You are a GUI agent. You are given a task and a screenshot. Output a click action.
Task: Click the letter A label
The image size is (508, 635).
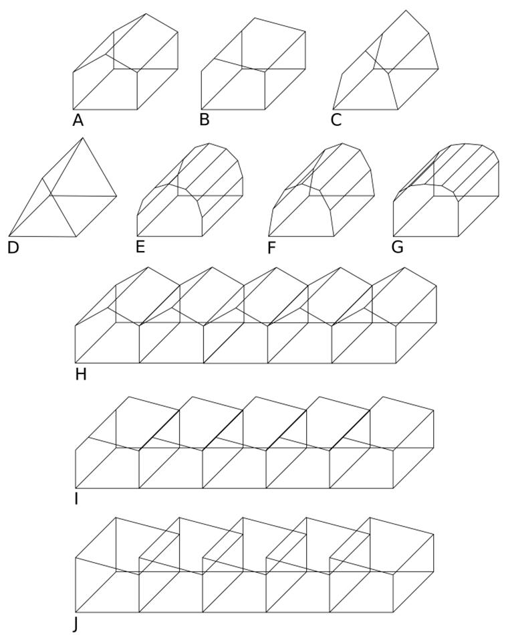click(x=78, y=120)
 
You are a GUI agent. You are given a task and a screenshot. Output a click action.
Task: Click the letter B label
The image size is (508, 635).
click(x=205, y=120)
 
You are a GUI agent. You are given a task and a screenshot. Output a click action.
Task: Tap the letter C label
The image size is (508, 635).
click(x=336, y=120)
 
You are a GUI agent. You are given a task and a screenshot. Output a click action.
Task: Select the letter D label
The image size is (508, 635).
click(x=13, y=248)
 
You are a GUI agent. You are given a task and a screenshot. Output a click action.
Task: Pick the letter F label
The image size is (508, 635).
click(x=271, y=248)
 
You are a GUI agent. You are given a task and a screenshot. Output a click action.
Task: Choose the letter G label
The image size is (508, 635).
click(x=397, y=247)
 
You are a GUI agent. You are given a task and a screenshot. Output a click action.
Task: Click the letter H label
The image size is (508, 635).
click(x=81, y=374)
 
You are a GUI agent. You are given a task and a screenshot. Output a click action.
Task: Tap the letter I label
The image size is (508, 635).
click(x=76, y=498)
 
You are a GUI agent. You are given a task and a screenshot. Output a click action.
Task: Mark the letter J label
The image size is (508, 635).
click(x=76, y=624)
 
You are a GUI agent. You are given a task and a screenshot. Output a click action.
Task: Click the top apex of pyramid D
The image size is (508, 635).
click(x=82, y=139)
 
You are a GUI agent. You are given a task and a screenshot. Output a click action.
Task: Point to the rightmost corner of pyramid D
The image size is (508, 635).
click(x=116, y=196)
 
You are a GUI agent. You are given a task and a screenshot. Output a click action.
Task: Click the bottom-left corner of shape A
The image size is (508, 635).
click(x=74, y=109)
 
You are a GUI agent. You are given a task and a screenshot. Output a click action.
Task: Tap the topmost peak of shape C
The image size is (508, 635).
click(x=406, y=10)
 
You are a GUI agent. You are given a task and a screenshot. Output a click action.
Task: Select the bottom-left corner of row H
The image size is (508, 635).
click(x=76, y=363)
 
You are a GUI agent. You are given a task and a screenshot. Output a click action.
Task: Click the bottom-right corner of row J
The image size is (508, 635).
click(x=394, y=612)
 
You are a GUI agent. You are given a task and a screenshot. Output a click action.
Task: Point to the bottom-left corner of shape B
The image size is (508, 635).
click(x=201, y=109)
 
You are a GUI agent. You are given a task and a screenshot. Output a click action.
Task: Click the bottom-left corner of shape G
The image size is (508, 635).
click(x=394, y=236)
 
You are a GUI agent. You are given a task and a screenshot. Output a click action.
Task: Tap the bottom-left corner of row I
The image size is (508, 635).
click(x=76, y=488)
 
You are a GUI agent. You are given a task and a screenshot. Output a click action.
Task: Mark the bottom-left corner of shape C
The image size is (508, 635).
click(x=333, y=109)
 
